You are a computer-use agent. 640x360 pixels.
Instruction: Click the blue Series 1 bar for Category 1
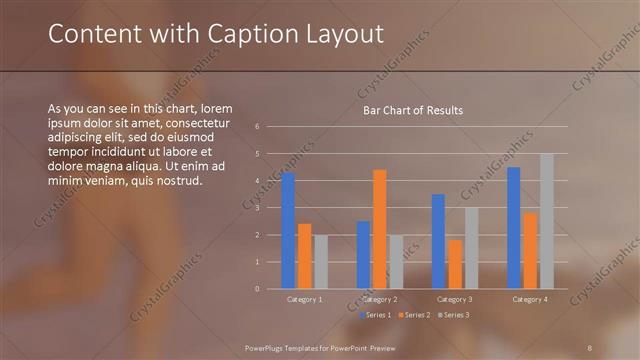288,231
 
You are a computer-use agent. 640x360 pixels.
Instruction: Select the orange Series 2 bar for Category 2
379,229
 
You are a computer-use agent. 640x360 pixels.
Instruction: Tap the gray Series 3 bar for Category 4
547,221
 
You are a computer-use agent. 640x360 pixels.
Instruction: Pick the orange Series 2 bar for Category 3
455,264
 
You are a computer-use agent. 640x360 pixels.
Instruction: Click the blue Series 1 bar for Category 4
514,228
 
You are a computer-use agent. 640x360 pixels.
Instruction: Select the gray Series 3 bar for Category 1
320,262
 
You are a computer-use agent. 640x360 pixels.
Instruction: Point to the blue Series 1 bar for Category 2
363,255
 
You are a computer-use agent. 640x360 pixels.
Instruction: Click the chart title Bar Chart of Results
412,110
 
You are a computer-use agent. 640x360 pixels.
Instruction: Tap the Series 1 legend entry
375,315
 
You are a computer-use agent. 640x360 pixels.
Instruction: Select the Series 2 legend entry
415,315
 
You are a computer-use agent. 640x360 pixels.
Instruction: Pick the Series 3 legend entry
454,315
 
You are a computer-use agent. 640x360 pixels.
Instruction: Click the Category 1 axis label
304,299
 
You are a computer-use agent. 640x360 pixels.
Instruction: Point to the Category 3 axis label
455,299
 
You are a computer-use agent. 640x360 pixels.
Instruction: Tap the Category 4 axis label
530,299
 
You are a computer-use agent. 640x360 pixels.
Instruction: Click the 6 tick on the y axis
258,127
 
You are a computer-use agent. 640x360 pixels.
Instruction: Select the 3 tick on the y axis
258,208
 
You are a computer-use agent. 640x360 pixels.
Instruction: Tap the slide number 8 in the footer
590,347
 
